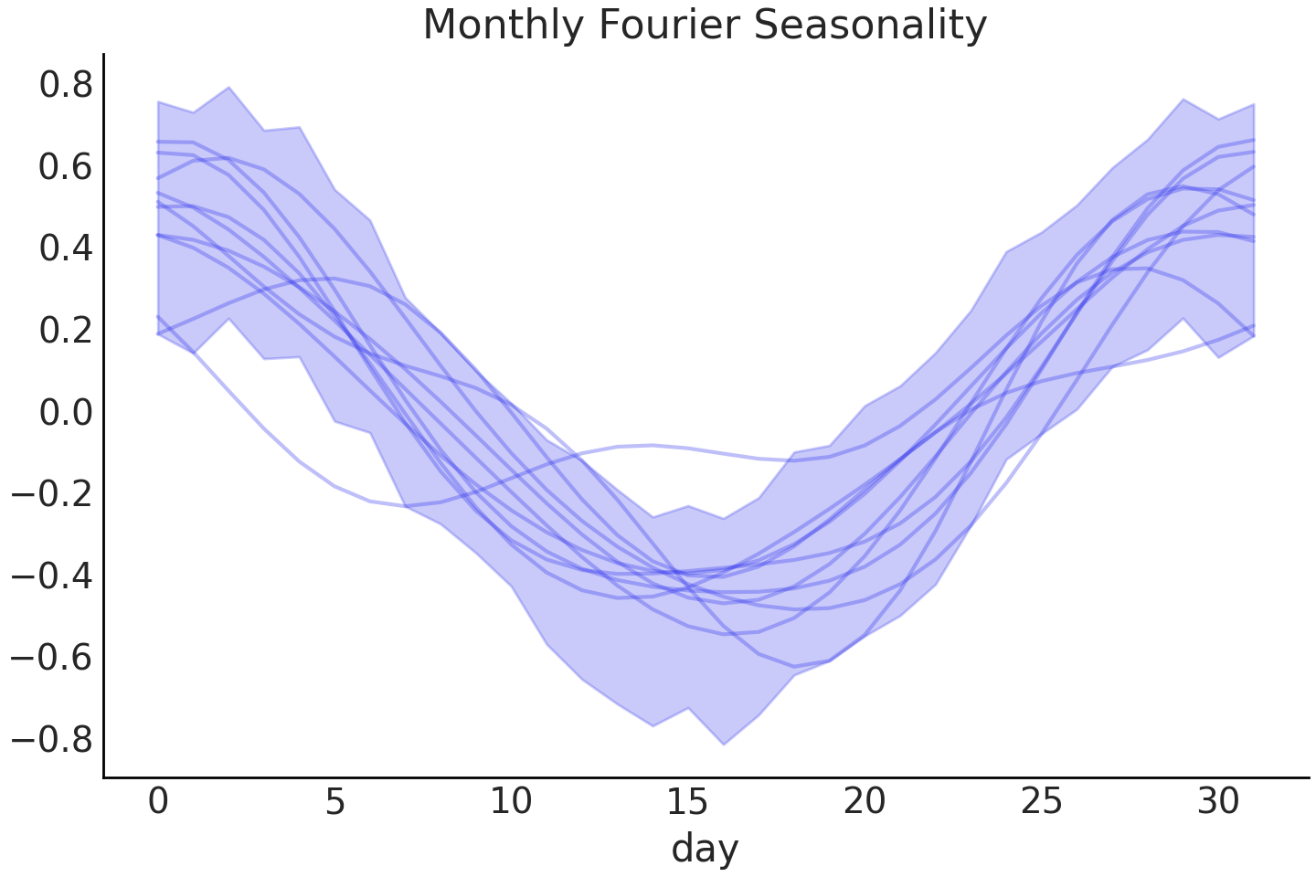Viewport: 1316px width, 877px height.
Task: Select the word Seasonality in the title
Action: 870,26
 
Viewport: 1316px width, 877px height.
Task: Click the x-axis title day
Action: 705,849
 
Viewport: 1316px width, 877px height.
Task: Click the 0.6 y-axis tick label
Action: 66,167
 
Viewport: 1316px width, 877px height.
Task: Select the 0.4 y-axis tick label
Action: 66,248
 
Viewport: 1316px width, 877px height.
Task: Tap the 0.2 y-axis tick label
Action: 66,331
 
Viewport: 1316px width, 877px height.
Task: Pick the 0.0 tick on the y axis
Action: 66,412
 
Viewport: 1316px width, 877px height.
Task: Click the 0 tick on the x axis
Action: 158,802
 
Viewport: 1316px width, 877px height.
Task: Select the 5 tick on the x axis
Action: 334,802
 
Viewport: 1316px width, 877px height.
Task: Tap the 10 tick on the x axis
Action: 511,802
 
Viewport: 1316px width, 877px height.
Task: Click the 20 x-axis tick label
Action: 865,802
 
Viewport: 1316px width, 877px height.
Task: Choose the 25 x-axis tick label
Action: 1041,802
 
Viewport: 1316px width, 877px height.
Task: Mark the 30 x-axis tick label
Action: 1217,802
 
